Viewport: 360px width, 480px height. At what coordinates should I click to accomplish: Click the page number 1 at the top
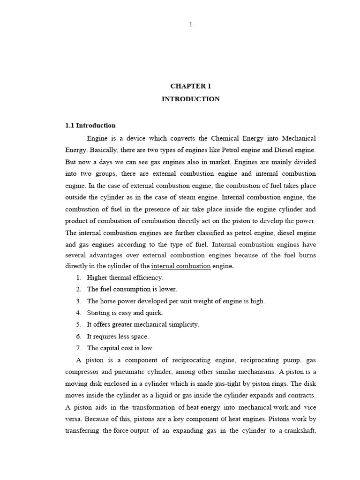[190, 25]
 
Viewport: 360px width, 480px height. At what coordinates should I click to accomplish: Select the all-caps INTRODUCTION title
[190, 99]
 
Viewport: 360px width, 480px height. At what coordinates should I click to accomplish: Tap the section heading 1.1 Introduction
[90, 126]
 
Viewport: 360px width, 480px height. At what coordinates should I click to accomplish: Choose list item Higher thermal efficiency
[125, 277]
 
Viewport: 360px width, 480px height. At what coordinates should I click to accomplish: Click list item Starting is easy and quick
[125, 313]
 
